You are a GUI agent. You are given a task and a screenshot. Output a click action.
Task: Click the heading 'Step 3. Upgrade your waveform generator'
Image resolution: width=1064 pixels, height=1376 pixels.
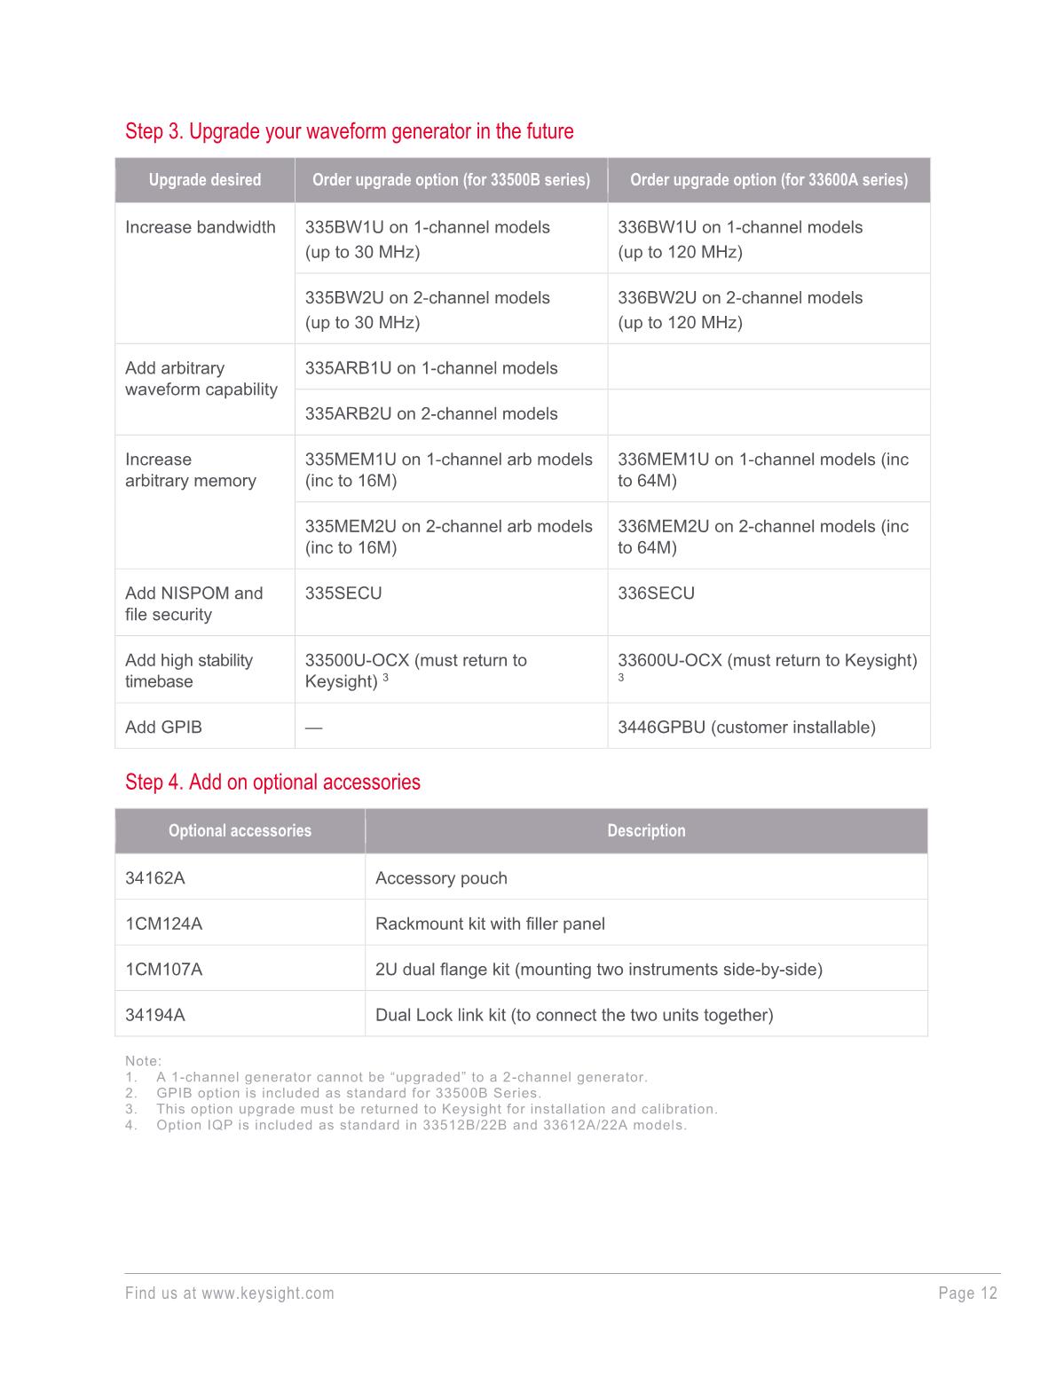[349, 131]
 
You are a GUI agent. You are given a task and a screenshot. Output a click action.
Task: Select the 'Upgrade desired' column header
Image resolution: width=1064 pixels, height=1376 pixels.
[204, 180]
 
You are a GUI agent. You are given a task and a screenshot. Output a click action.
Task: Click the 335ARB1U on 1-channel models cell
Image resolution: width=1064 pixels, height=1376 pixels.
[430, 368]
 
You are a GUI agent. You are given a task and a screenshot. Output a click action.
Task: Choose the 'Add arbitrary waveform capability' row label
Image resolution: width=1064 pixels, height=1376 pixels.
[201, 379]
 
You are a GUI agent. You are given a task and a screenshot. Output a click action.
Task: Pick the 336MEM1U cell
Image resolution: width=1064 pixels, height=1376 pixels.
[762, 469]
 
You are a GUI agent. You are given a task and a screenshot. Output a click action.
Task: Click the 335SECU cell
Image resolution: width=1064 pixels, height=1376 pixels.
[343, 593]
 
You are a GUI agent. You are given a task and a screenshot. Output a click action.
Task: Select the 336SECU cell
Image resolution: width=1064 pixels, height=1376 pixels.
[656, 593]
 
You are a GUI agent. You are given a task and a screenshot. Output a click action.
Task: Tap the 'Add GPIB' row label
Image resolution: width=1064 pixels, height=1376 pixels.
[163, 727]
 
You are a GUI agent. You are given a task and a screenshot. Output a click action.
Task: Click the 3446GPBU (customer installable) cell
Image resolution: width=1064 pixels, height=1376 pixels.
[745, 727]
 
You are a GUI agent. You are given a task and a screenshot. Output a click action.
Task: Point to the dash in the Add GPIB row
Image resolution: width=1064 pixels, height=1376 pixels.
[313, 727]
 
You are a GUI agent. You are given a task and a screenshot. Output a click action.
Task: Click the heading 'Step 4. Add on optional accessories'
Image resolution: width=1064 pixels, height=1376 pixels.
[272, 782]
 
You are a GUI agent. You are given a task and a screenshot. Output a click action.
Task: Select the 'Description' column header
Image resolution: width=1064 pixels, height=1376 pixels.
[645, 830]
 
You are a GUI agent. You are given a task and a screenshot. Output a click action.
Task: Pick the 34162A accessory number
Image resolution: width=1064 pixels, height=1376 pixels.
[155, 877]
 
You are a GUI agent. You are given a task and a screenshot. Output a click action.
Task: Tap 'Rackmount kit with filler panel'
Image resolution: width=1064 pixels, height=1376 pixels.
[490, 924]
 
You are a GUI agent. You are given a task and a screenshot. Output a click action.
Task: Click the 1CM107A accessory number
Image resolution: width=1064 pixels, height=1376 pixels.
[163, 969]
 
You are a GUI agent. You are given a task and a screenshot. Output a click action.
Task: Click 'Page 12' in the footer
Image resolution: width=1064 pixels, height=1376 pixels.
[967, 1293]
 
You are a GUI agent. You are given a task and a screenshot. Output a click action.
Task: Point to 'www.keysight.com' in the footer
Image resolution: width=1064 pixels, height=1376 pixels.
[267, 1293]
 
